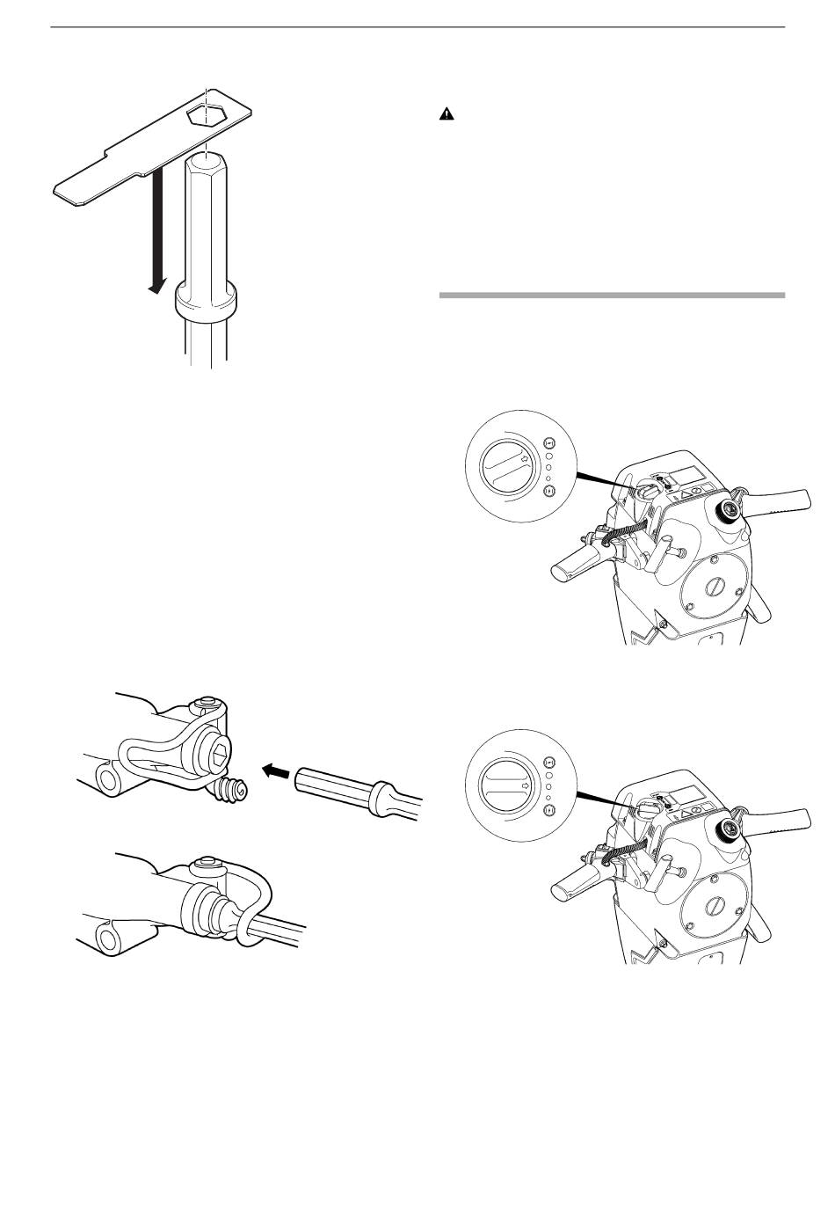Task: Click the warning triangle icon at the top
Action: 447,115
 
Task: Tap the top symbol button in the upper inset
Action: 549,443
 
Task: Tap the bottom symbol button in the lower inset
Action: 549,810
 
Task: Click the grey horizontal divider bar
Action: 611,295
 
